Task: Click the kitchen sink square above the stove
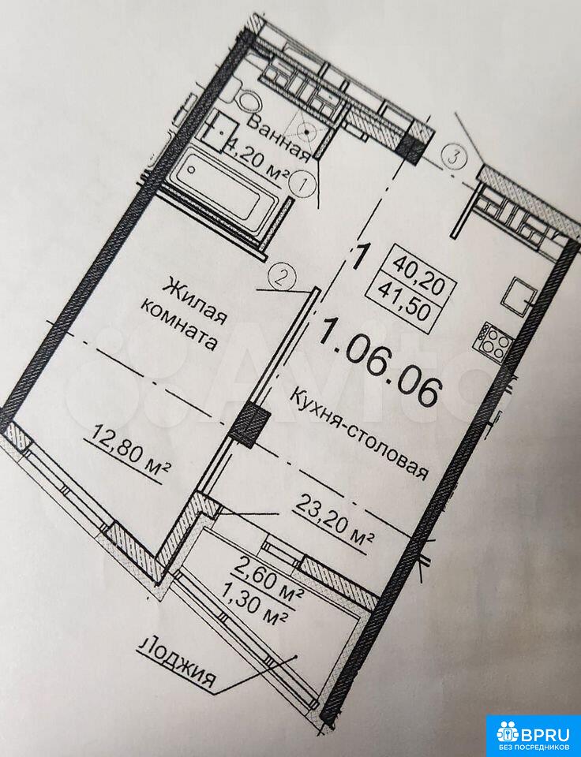coord(518,295)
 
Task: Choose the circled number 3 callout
coord(453,155)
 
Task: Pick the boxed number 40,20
coord(418,271)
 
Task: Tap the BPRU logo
coord(533,730)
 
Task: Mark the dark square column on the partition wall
coord(249,425)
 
